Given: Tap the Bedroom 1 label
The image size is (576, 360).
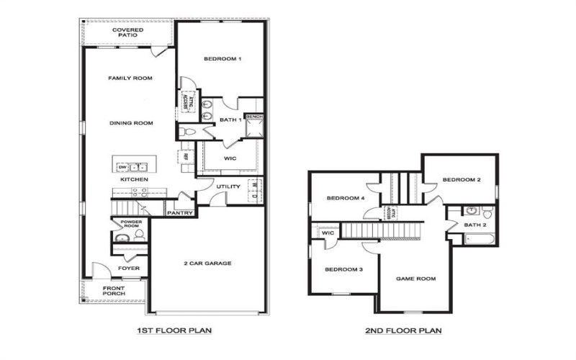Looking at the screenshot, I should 222,58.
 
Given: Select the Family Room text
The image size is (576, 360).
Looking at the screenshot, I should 130,78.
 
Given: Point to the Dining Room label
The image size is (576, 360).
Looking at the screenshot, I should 131,123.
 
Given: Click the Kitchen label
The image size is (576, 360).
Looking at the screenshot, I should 134,179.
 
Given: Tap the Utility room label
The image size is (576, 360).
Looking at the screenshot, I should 228,186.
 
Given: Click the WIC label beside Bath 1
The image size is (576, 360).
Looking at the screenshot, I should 230,157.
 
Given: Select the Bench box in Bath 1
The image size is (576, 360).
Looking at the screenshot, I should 254,117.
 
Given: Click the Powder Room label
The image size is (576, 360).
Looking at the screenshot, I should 130,224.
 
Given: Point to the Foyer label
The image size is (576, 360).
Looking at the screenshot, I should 130,269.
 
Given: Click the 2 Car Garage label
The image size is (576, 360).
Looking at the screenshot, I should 208,264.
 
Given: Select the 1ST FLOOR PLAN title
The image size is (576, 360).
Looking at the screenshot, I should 170,331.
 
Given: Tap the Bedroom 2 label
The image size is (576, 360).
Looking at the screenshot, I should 461,180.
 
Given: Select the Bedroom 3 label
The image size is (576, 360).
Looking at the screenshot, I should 343,269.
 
